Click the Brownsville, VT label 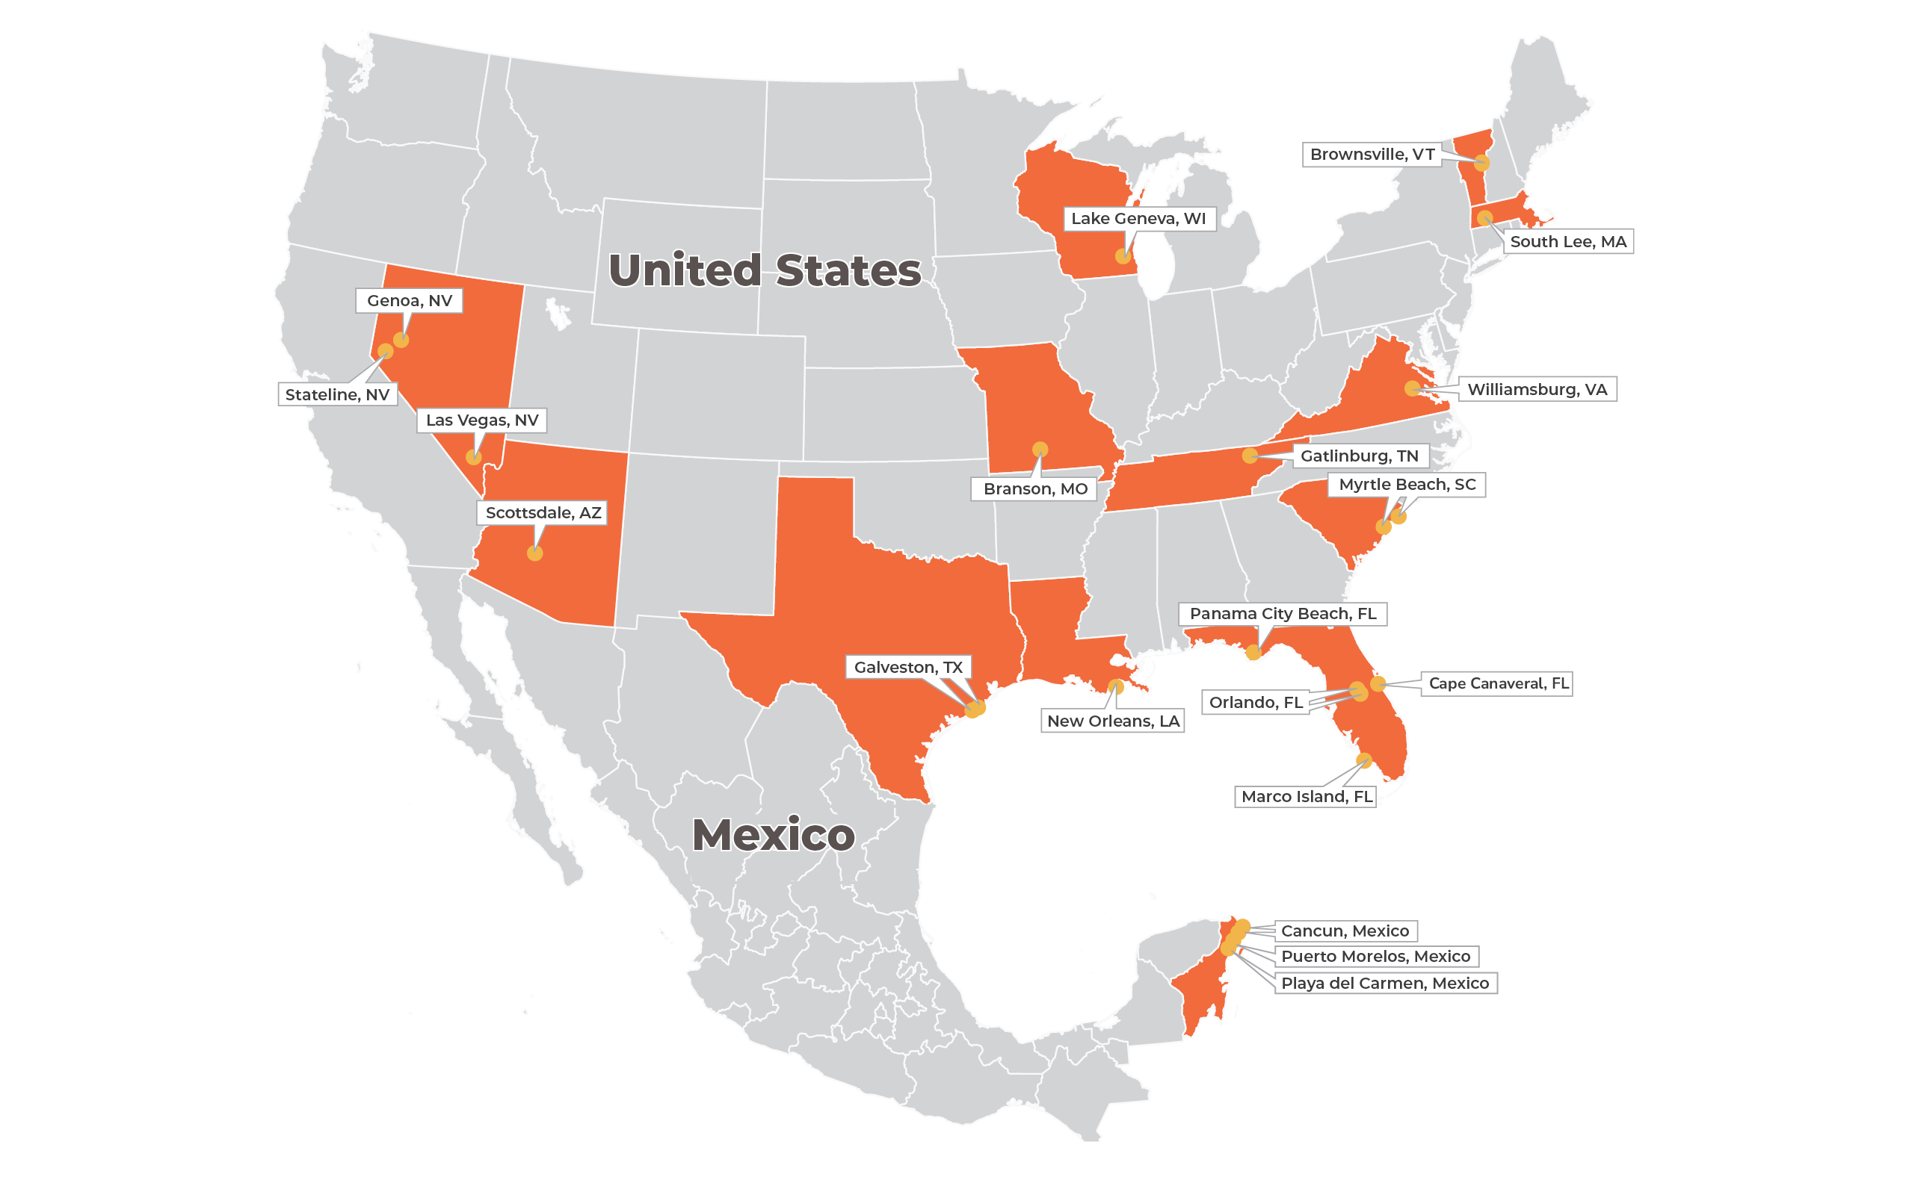coord(1371,155)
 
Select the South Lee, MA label coord(1567,242)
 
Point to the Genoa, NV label coord(409,300)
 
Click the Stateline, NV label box coord(337,395)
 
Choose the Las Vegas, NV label coord(482,420)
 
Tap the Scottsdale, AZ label coord(543,513)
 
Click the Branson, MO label coord(1034,489)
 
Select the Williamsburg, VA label coord(1537,389)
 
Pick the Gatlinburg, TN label coord(1359,456)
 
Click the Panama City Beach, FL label coord(1282,614)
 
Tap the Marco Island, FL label coord(1307,797)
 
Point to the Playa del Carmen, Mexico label coord(1384,984)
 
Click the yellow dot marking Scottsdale coord(535,553)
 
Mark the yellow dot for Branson coord(1040,450)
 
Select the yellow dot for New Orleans coord(1116,687)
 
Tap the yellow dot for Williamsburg coord(1412,388)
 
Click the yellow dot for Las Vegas coord(474,457)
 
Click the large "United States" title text coord(765,270)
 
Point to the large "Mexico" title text coord(773,835)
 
